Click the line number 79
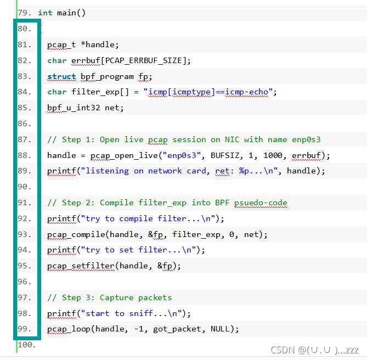pyautogui.click(x=24, y=13)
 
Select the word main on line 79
pyautogui.click(x=66, y=13)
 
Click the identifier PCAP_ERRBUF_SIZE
pyautogui.click(x=144, y=60)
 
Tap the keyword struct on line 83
pyautogui.click(x=61, y=76)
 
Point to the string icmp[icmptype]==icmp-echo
pyautogui.click(x=208, y=92)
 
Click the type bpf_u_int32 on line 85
pyautogui.click(x=74, y=108)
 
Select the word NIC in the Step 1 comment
pyautogui.click(x=232, y=140)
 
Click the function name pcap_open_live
pyautogui.click(x=124, y=156)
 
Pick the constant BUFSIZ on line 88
pyautogui.click(x=225, y=156)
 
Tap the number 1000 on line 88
pyautogui.click(x=273, y=156)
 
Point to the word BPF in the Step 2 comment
pyautogui.click(x=222, y=203)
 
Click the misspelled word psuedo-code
pyautogui.click(x=261, y=203)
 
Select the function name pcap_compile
pyautogui.click(x=76, y=234)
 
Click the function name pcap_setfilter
pyautogui.click(x=81, y=266)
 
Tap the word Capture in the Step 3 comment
pyautogui.click(x=116, y=298)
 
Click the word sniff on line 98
pyautogui.click(x=141, y=313)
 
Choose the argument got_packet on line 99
pyautogui.click(x=177, y=329)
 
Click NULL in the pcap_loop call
pyautogui.click(x=220, y=329)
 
